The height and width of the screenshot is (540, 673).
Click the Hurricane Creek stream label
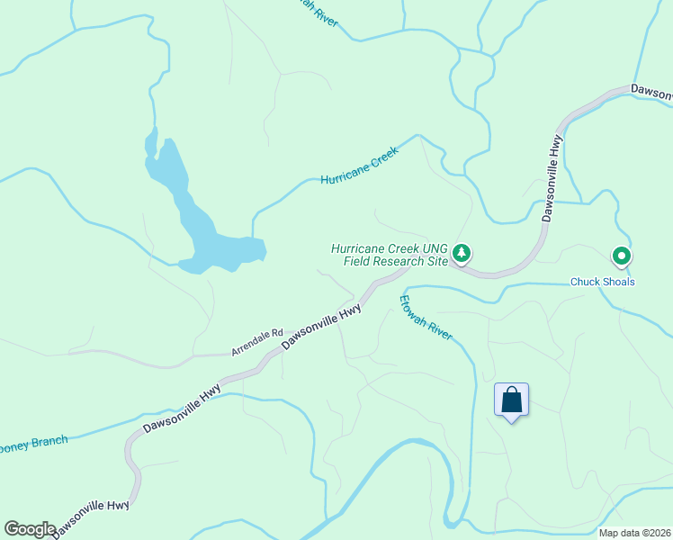359,167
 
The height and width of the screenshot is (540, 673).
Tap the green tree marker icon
462,253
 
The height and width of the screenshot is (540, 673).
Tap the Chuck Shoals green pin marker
622,257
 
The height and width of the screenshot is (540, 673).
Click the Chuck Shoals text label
603,282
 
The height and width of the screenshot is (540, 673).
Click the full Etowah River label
426,318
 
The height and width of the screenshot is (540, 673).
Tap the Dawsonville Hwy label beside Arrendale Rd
322,327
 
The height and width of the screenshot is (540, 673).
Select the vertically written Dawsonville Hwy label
552,179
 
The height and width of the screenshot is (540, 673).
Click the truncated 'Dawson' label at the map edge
651,92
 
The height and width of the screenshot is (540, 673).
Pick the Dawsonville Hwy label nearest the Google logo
92,517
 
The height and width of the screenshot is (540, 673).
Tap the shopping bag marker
511,400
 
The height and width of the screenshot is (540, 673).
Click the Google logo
30,529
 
